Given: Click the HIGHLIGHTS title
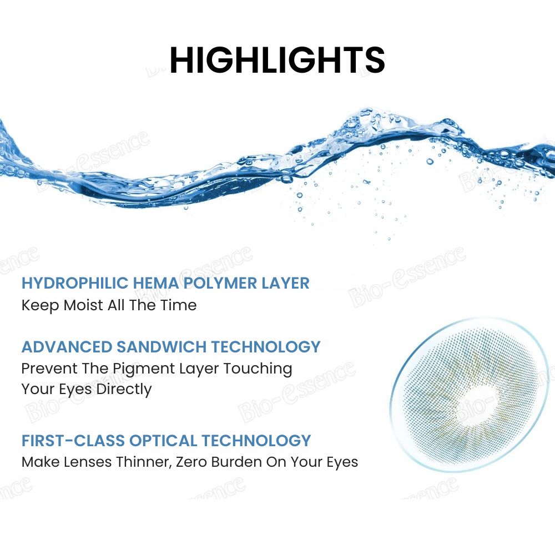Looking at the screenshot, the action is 277,59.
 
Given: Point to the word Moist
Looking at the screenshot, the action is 83,305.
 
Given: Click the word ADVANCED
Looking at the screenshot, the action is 67,347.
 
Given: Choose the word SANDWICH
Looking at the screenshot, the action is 162,347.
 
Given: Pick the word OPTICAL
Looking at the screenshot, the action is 163,441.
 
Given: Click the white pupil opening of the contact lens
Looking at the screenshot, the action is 477,402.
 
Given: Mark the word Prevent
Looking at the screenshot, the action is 49,369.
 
